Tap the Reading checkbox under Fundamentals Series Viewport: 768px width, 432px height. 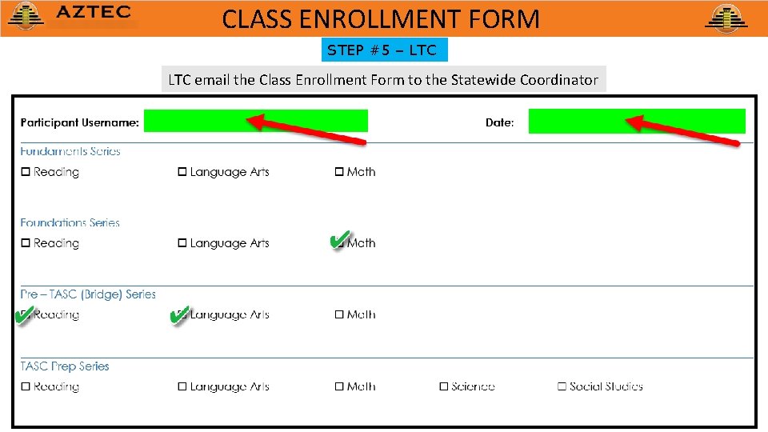26,172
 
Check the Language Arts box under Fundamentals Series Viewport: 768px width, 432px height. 182,172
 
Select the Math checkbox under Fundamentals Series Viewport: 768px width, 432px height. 339,172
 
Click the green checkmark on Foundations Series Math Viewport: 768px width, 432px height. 338,240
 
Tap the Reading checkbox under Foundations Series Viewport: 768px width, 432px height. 26,243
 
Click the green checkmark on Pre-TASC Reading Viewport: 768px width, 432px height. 24,314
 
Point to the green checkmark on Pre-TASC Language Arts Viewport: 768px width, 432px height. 179,314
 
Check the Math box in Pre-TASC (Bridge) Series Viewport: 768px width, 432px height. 339,315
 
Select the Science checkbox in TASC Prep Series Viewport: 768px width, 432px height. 443,387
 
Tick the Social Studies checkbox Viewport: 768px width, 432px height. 562,387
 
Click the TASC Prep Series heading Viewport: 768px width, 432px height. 65,366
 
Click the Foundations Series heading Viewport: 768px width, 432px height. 70,223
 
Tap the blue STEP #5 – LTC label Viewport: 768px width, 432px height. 383,50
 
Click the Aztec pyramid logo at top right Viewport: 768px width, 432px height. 726,18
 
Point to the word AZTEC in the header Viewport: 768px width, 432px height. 94,13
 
